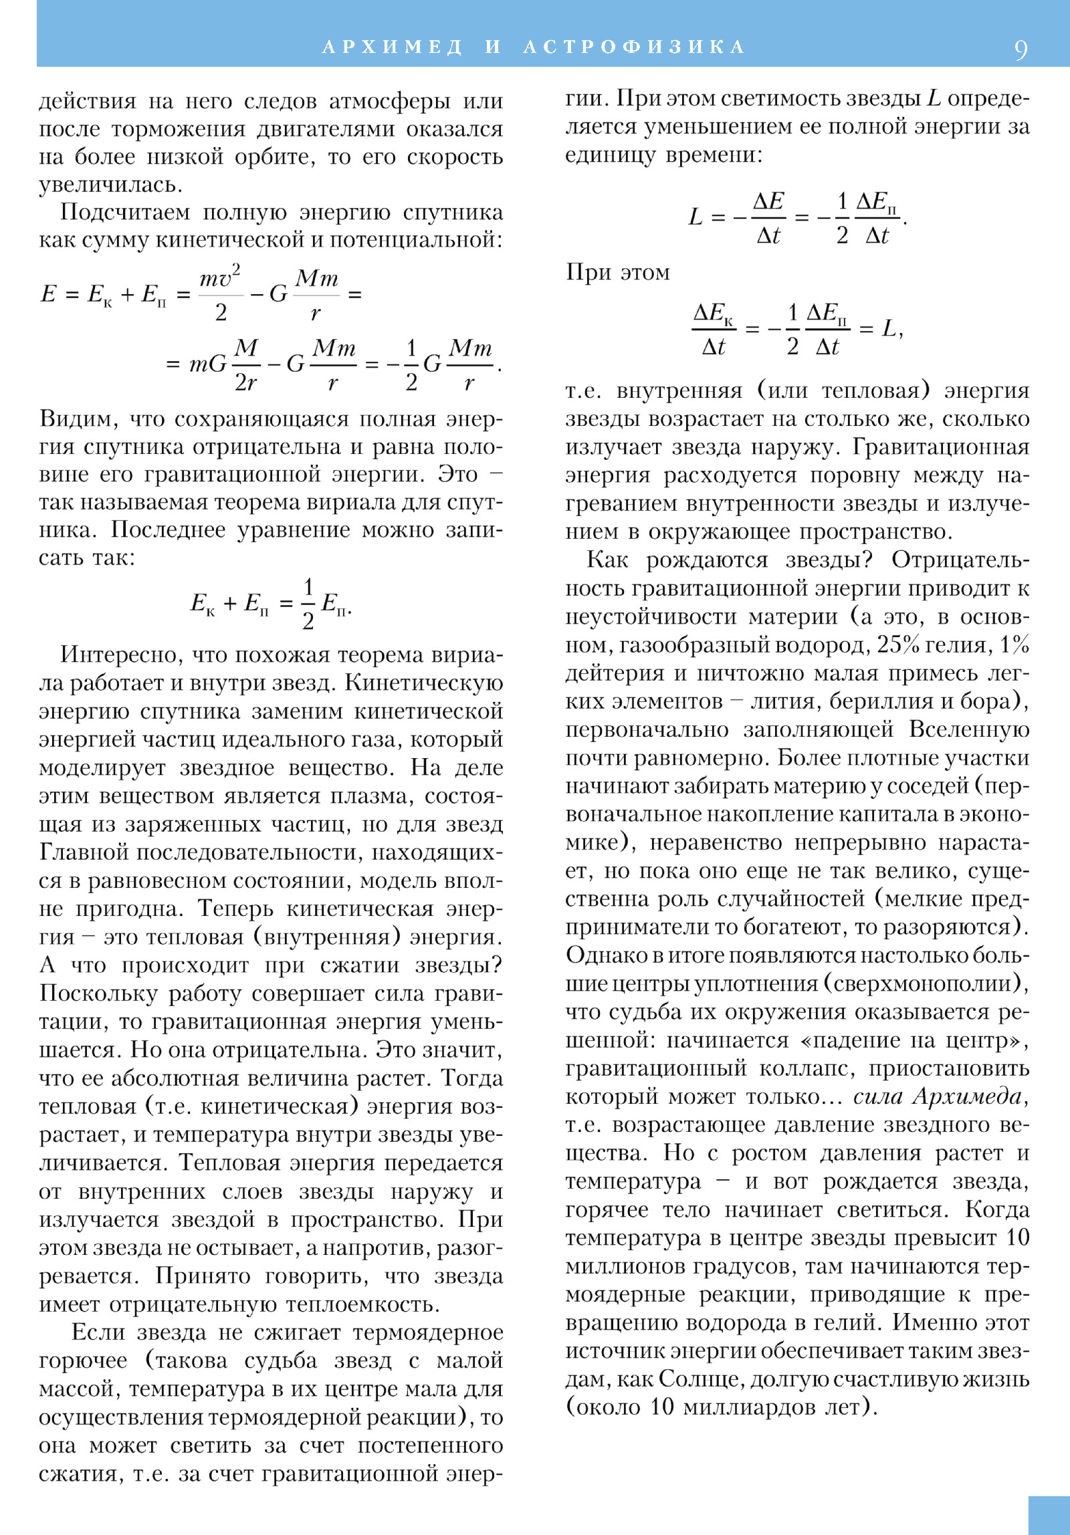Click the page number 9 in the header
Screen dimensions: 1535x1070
pyautogui.click(x=1021, y=49)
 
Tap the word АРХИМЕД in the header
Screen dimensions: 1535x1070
pyautogui.click(x=393, y=47)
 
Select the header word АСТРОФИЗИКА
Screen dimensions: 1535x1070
pyautogui.click(x=634, y=47)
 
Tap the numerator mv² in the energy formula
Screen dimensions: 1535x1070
pyautogui.click(x=220, y=277)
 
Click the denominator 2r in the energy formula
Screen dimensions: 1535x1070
pyautogui.click(x=245, y=382)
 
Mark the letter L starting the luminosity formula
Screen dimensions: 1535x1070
pyautogui.click(x=695, y=217)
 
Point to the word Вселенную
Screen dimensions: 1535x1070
pyautogui.click(x=969, y=729)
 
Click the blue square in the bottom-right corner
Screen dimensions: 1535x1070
pyautogui.click(x=1049, y=1515)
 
